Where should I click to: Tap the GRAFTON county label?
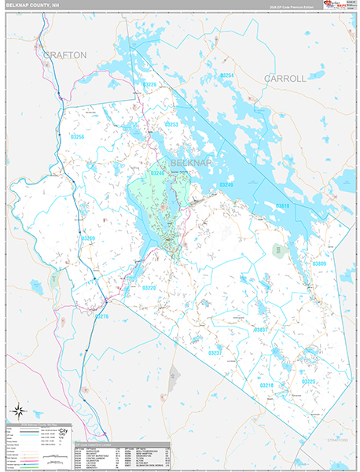(x=65, y=54)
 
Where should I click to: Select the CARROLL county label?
(x=285, y=79)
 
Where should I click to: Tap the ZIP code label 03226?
(x=149, y=84)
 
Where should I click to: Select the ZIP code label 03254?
(x=226, y=76)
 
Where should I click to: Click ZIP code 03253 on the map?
(x=171, y=124)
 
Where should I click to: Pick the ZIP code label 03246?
(x=156, y=172)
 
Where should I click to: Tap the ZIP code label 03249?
(x=226, y=184)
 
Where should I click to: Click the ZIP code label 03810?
(x=282, y=206)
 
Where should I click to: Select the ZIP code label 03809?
(x=318, y=264)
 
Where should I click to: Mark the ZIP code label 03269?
(x=87, y=238)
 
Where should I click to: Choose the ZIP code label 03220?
(x=149, y=287)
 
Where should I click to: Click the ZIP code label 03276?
(x=101, y=316)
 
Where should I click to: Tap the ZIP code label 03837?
(x=261, y=329)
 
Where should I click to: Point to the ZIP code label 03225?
(x=309, y=381)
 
